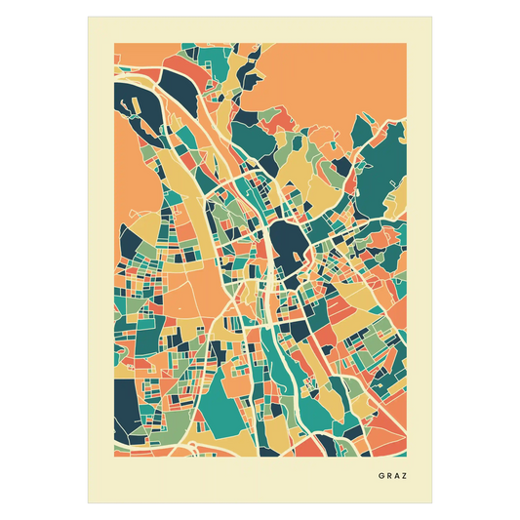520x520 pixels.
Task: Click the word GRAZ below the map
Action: pyautogui.click(x=394, y=477)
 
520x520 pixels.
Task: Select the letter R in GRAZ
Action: pyautogui.click(x=389, y=477)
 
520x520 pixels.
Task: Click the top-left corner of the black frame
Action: pyautogui.click(x=87, y=15)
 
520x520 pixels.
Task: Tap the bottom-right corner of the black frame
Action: pyautogui.click(x=433, y=504)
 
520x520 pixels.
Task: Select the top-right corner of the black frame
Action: pyautogui.click(x=433, y=15)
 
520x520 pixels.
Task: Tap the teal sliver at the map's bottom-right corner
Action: pyautogui.click(x=399, y=445)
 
